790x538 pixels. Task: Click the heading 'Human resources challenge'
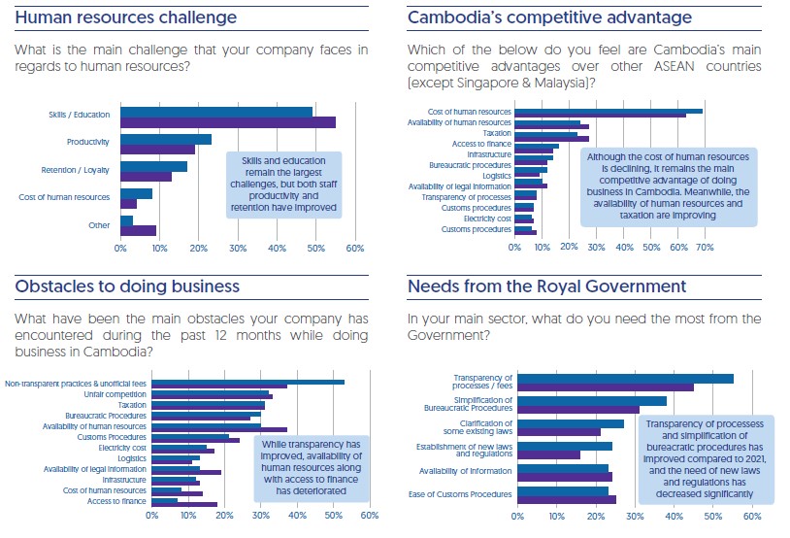[126, 18]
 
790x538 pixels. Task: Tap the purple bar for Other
[138, 230]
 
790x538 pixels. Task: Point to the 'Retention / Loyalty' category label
[75, 170]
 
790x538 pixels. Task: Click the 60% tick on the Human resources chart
[354, 250]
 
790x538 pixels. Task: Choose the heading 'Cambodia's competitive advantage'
[549, 18]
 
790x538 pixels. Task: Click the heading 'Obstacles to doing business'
[127, 286]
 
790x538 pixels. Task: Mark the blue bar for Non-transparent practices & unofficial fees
[247, 382]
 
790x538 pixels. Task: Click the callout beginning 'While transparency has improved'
[311, 467]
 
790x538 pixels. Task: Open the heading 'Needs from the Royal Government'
[546, 286]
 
